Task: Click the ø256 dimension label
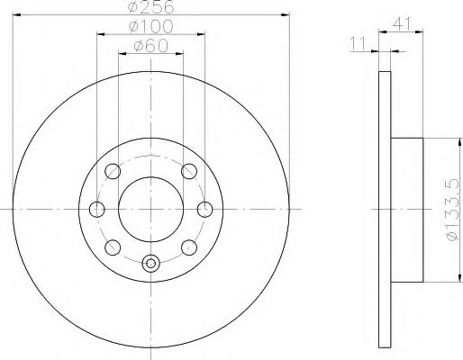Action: coord(151,6)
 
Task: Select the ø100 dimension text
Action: coord(151,27)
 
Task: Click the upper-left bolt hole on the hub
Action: coord(113,171)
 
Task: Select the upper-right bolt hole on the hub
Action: coord(189,171)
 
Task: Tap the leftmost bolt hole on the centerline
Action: coord(96,210)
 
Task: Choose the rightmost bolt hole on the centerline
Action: coord(205,210)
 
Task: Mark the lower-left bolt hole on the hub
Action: coord(113,247)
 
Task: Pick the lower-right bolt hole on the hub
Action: coord(189,247)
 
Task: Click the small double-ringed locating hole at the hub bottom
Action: coord(151,263)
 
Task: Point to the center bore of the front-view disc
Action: coord(151,209)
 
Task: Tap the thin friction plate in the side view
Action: coord(382,209)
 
